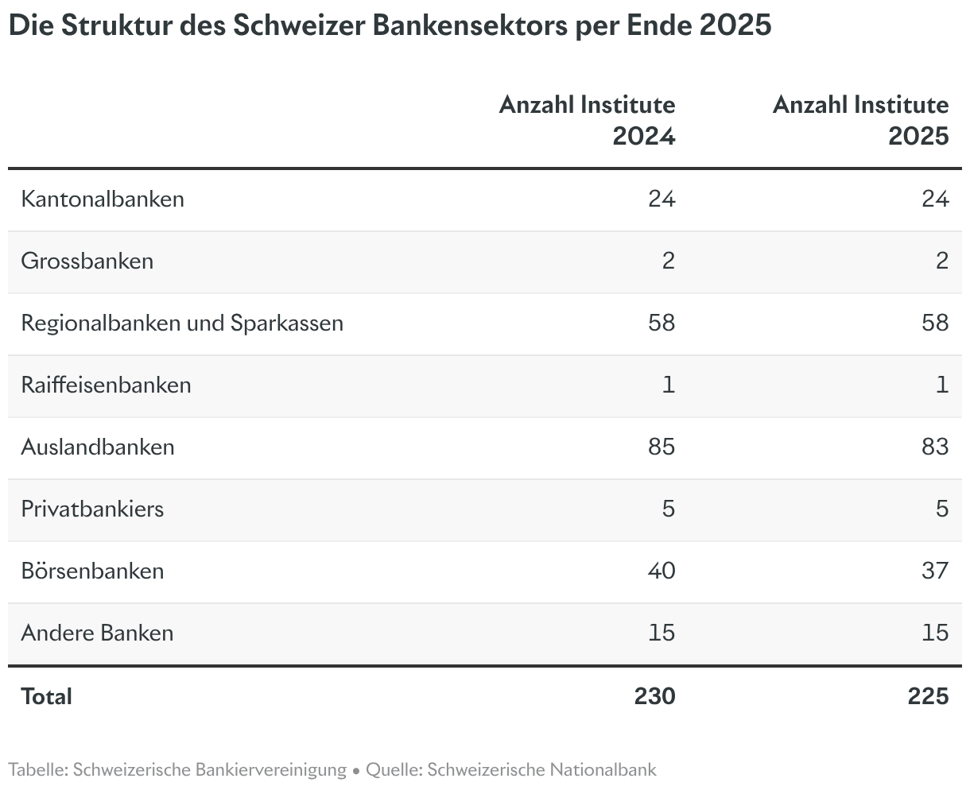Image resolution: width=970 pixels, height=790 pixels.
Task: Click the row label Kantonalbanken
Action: (103, 199)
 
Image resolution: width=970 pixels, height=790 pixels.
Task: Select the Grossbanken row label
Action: (87, 261)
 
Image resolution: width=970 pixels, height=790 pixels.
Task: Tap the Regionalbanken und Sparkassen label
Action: (182, 323)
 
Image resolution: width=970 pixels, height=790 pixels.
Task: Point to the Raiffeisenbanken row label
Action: (106, 385)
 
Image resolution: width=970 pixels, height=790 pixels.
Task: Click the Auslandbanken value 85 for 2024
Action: (662, 447)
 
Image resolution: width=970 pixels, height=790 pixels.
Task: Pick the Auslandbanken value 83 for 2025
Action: (935, 447)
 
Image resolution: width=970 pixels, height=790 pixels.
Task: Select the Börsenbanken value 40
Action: (662, 571)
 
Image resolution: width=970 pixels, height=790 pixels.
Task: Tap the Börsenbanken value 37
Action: (935, 571)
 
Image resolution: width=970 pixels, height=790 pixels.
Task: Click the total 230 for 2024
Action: (655, 696)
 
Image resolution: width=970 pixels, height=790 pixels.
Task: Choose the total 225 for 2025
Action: (929, 696)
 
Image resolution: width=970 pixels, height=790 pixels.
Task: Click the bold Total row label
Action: (46, 696)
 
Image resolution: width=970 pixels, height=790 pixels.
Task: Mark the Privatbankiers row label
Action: (92, 509)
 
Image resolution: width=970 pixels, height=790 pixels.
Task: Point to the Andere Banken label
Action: (98, 633)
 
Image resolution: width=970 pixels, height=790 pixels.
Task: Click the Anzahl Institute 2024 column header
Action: (588, 120)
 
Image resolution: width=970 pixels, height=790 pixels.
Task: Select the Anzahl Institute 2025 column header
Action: (861, 120)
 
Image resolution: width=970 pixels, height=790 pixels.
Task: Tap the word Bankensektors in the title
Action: (470, 25)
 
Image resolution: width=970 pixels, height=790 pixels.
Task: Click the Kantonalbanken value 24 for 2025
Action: (935, 199)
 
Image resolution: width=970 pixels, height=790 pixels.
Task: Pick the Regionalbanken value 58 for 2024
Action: (662, 323)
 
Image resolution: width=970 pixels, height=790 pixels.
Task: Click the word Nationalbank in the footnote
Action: (603, 769)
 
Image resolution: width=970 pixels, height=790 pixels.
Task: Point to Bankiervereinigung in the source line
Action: (271, 770)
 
